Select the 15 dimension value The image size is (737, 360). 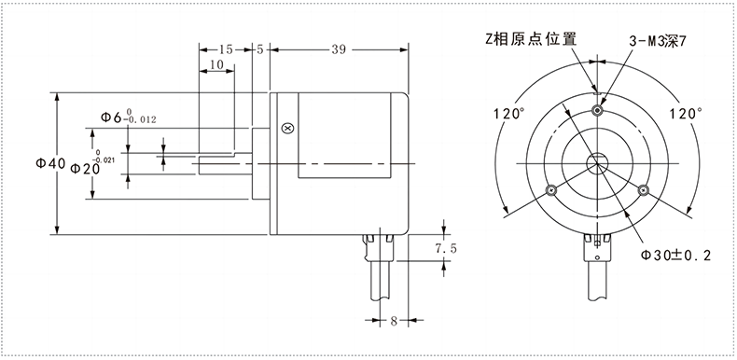[x=226, y=48]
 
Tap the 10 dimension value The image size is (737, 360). [x=216, y=65]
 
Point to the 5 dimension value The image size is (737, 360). [x=259, y=48]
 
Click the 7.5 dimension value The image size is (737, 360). [x=448, y=249]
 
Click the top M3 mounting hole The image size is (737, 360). [x=597, y=112]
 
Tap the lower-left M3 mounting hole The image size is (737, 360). [x=551, y=190]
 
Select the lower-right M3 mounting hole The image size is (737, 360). [x=643, y=190]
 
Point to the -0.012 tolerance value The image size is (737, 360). [x=140, y=120]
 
